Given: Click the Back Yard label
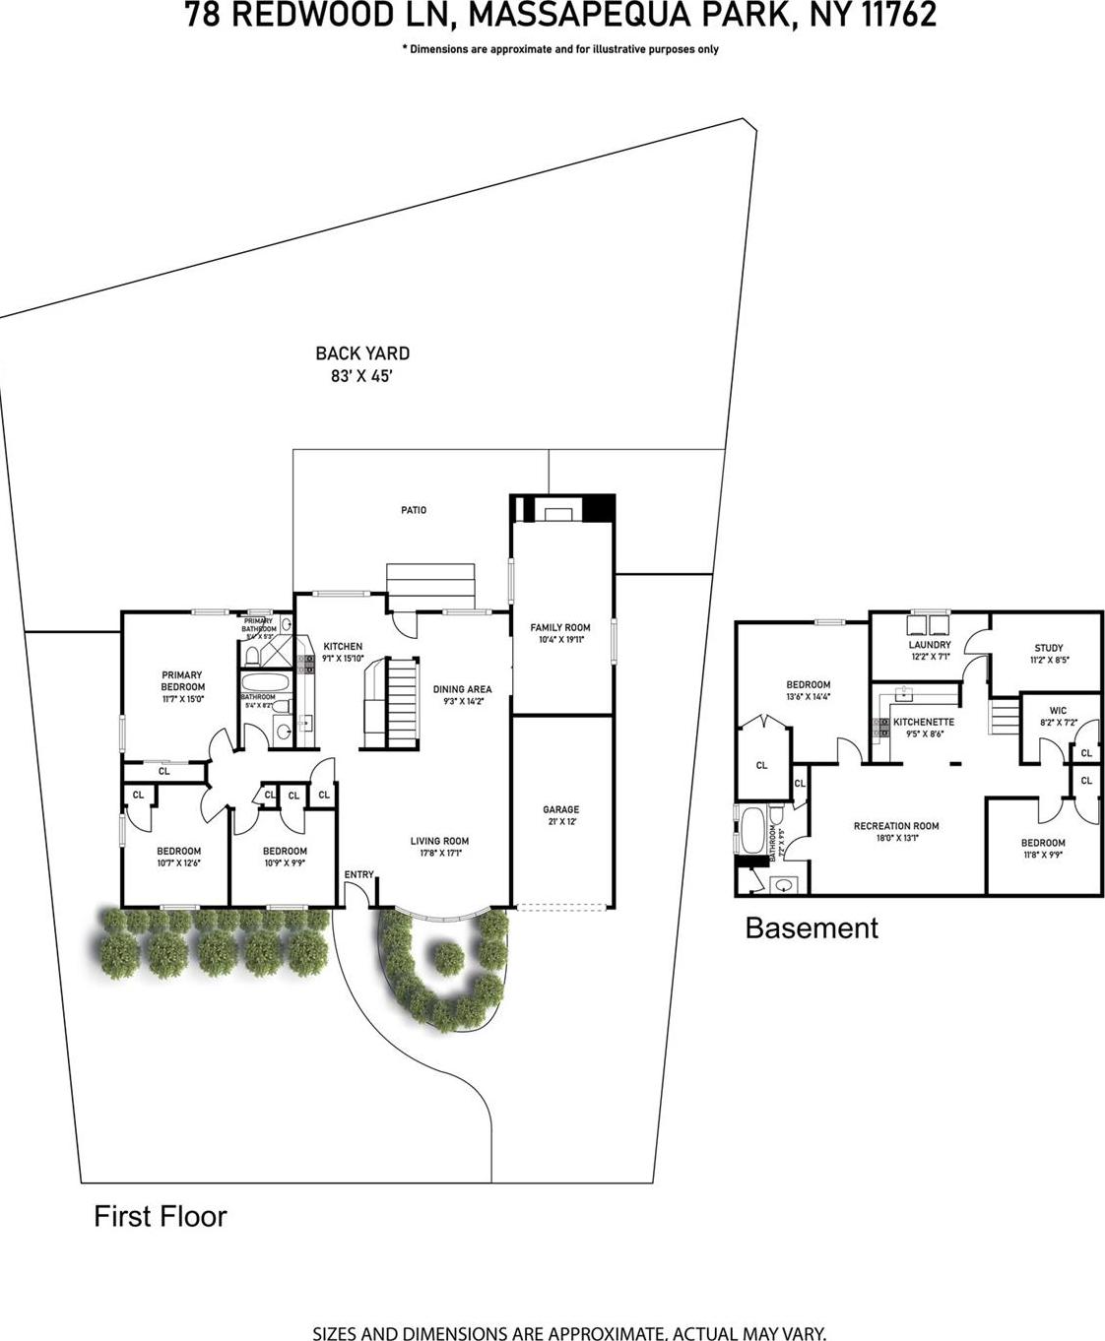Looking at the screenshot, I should point(362,353).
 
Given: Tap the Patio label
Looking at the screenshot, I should point(414,510).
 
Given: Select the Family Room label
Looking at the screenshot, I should point(560,627).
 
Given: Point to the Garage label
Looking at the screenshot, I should point(561,809).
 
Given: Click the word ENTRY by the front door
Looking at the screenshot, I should point(358,874).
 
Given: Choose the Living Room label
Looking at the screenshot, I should point(439,841).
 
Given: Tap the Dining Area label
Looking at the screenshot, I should point(462,689).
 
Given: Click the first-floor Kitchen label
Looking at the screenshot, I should point(343,647).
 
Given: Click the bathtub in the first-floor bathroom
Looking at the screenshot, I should point(263,684).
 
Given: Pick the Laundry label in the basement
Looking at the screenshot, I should point(930,645).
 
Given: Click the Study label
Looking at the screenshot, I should point(1048,648).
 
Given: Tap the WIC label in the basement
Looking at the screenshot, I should point(1058,710).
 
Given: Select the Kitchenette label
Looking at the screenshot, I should point(923,722).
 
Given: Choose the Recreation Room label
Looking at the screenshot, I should point(896,826).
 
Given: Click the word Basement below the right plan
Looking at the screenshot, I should point(812,927).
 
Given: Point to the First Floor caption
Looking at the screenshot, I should point(160,1216).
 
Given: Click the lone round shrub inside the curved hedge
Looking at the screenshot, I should point(449,955).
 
